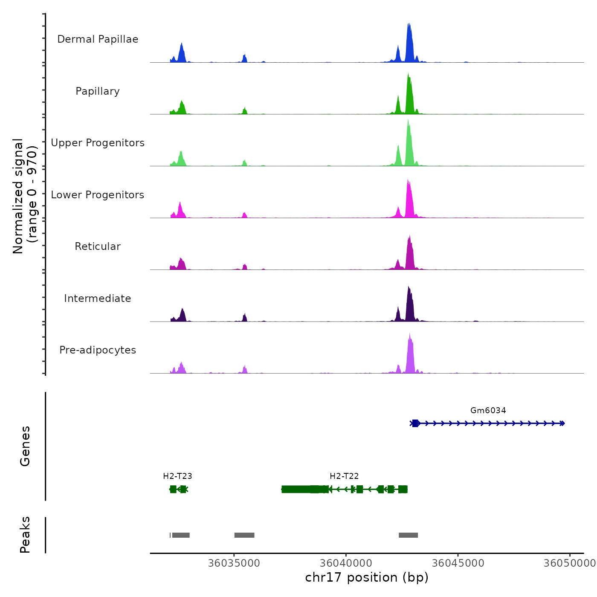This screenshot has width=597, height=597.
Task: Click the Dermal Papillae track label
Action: [98, 39]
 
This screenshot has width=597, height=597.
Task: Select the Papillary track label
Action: [98, 91]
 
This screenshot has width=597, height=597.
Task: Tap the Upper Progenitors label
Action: [98, 143]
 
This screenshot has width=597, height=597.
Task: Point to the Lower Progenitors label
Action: [98, 195]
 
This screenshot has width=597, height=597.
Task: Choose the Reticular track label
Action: [98, 246]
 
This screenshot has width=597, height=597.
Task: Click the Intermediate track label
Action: [98, 298]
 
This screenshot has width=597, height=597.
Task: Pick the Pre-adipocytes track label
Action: [98, 350]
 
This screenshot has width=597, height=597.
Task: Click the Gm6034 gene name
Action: [488, 411]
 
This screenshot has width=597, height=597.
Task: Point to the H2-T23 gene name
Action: [177, 476]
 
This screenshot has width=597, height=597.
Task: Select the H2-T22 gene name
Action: [344, 476]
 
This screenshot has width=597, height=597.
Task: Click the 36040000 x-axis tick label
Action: [346, 563]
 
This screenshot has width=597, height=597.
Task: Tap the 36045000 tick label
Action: [458, 563]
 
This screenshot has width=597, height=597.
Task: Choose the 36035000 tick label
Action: [234, 563]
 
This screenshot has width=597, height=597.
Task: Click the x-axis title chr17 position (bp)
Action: [367, 578]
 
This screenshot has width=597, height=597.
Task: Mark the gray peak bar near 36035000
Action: [244, 535]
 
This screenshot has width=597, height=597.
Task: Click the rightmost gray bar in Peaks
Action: [408, 535]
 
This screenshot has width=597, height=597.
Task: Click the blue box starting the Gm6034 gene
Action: [415, 423]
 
